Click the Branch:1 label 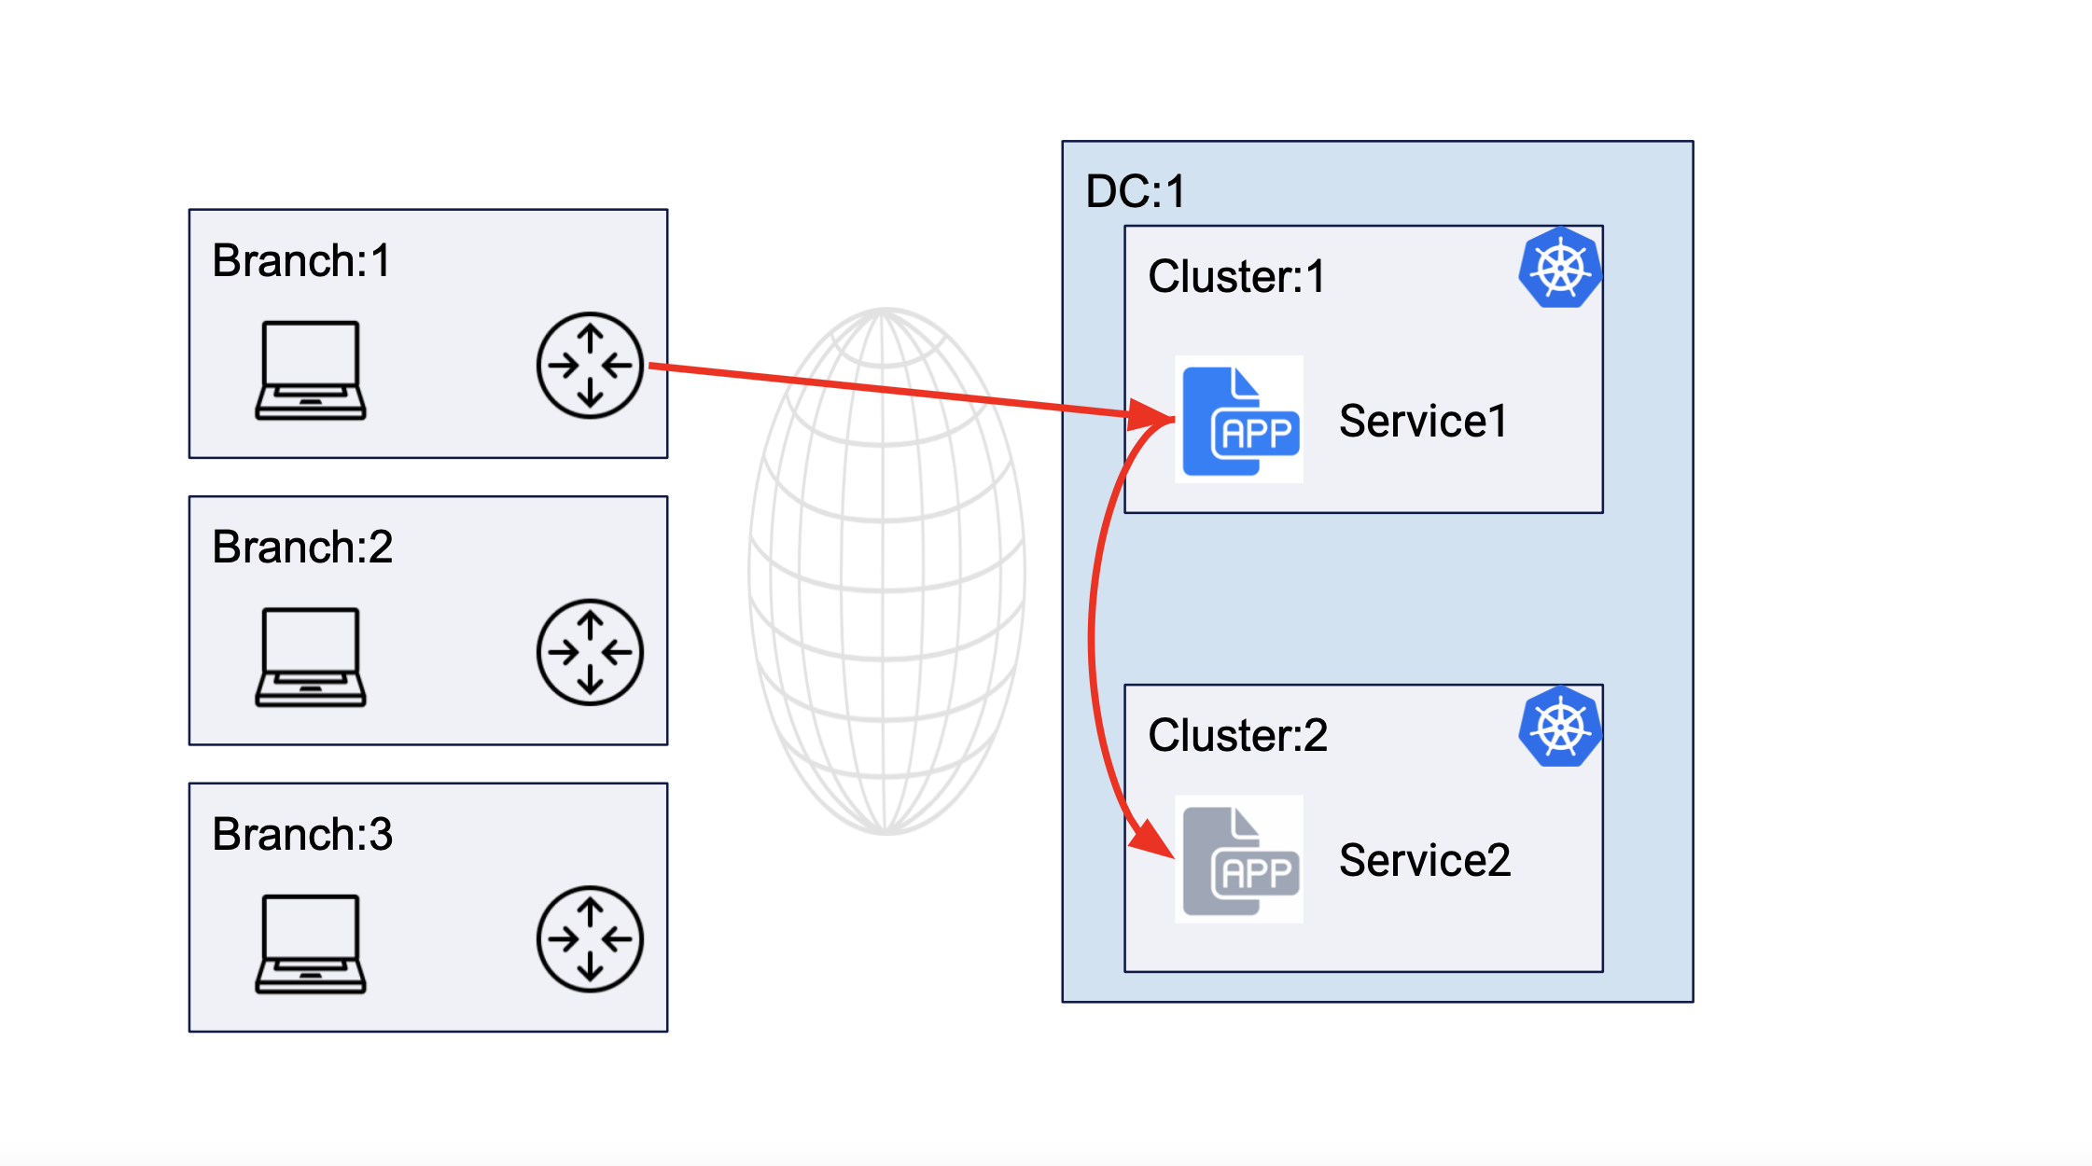(x=300, y=260)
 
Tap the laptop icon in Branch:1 (x=310, y=370)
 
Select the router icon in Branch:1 (x=590, y=365)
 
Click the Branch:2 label (x=301, y=547)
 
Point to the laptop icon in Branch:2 (x=310, y=657)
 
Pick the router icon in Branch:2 (x=590, y=652)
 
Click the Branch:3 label (x=301, y=834)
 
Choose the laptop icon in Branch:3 (x=310, y=944)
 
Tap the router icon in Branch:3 (x=590, y=938)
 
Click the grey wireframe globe (x=886, y=571)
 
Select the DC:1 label (x=1135, y=191)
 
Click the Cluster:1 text (x=1236, y=276)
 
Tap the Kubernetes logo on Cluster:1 (x=1559, y=268)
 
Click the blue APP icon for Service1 (x=1239, y=421)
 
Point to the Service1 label (x=1423, y=421)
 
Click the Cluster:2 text (x=1237, y=735)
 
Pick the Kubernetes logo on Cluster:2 (x=1559, y=727)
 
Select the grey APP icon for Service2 (x=1239, y=860)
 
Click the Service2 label (x=1424, y=860)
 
